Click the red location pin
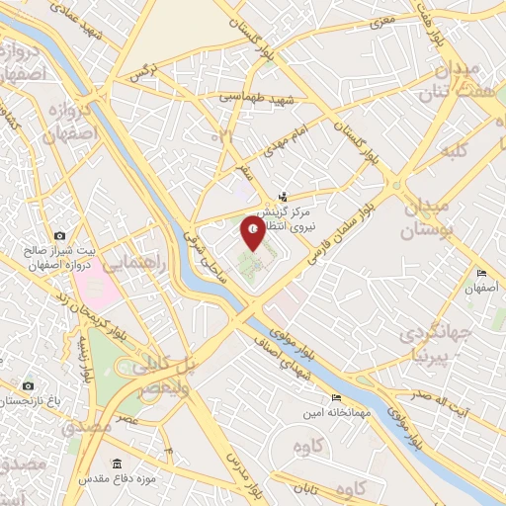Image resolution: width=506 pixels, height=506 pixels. click(254, 233)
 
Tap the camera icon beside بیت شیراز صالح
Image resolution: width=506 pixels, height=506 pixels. click(60, 235)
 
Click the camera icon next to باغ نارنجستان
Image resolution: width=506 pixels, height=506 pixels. click(28, 385)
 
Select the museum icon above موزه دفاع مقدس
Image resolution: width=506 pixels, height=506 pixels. click(118, 464)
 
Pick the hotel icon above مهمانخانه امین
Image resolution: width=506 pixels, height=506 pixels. click(336, 397)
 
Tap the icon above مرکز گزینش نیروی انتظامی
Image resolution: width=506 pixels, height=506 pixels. click(285, 197)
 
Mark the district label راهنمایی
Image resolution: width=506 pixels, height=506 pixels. click(130, 264)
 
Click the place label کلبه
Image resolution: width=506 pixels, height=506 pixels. click(456, 151)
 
